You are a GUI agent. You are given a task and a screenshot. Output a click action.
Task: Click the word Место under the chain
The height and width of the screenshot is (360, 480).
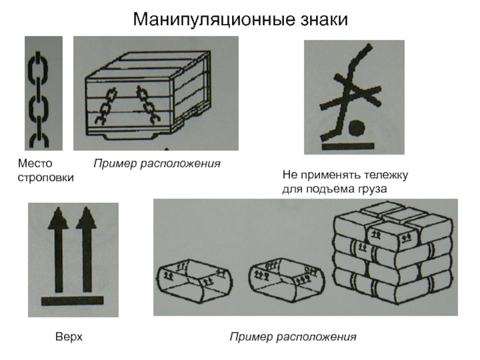[35, 163]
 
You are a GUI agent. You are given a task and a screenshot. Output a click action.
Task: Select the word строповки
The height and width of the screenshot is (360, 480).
[46, 178]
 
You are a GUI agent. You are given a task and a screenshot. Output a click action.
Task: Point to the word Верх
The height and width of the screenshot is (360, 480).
[69, 337]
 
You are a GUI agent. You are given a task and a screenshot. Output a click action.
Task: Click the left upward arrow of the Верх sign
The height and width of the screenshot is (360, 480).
[58, 250]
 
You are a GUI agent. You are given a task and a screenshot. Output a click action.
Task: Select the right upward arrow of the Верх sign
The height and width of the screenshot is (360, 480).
[86, 250]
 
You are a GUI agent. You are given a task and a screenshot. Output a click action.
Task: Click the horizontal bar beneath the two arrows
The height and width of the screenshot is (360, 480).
[72, 301]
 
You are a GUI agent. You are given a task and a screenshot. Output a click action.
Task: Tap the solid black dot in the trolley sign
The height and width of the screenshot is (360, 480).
[357, 128]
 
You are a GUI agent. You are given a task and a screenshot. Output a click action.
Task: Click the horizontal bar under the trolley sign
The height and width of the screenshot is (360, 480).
[349, 146]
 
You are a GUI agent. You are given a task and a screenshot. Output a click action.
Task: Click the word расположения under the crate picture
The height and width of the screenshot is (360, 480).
[181, 164]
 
